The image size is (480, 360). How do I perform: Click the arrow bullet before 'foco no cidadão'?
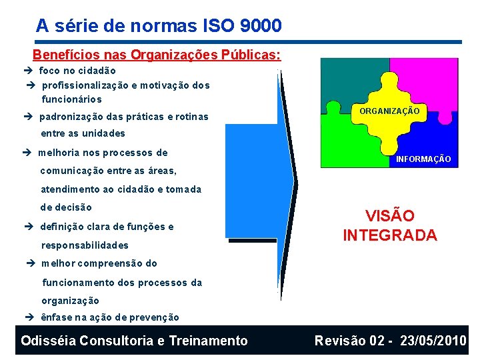(30, 71)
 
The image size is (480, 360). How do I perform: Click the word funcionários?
(72, 99)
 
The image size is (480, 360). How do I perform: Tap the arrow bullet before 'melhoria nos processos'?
(30, 153)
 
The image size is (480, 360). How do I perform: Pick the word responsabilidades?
(85, 245)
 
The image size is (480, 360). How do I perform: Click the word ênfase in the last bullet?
(56, 318)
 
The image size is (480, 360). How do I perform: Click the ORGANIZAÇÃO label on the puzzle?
(389, 111)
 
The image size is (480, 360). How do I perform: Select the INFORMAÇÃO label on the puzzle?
(423, 159)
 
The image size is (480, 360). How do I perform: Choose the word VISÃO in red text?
(389, 216)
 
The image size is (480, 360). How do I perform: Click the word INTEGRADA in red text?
(389, 235)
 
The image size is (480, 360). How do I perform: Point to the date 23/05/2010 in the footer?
(433, 341)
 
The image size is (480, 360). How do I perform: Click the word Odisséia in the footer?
(48, 341)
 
